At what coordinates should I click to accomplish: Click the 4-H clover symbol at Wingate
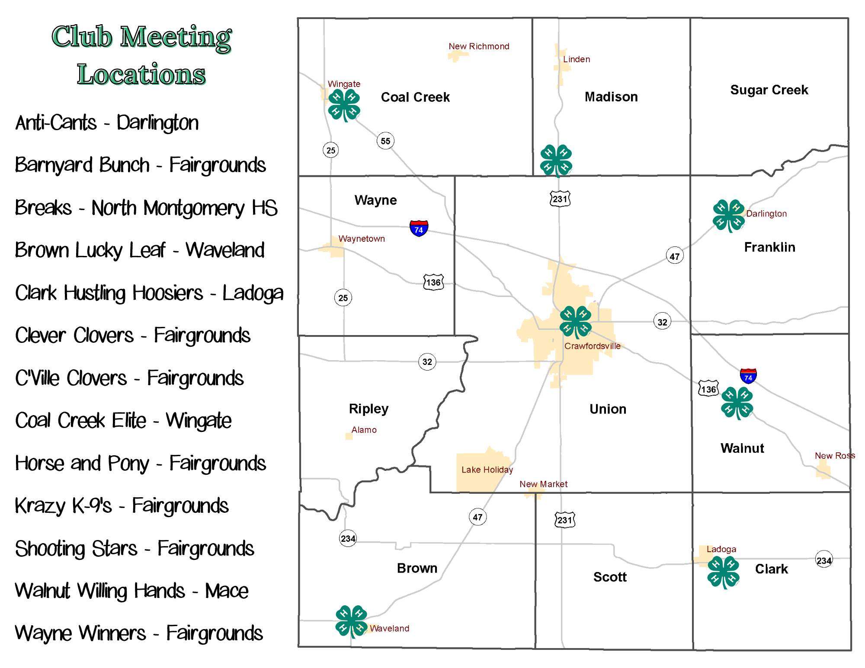click(x=344, y=105)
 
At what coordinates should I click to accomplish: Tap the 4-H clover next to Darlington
click(x=729, y=215)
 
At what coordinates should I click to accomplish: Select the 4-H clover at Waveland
click(x=351, y=621)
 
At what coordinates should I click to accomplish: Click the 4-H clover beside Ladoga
click(x=723, y=572)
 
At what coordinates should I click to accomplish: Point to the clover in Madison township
click(x=556, y=160)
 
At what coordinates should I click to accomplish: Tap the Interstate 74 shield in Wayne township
click(x=419, y=228)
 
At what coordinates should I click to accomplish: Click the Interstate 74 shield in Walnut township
click(x=748, y=376)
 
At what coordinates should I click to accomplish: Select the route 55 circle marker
click(x=385, y=141)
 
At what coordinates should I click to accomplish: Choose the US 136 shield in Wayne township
click(x=433, y=282)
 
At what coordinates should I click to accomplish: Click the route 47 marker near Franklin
click(x=675, y=256)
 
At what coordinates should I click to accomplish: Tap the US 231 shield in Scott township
click(x=565, y=520)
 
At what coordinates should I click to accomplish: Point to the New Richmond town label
click(x=479, y=46)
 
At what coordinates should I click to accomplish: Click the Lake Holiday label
click(x=487, y=470)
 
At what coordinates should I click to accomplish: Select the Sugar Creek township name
click(x=769, y=90)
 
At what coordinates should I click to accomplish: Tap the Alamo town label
click(x=364, y=430)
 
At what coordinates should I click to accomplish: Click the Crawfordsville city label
click(x=592, y=346)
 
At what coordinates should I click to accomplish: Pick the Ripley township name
click(x=368, y=409)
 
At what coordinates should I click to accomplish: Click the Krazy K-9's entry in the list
click(x=122, y=505)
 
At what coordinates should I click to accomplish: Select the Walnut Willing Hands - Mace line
click(x=131, y=591)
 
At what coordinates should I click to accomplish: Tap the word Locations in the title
click(x=141, y=74)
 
